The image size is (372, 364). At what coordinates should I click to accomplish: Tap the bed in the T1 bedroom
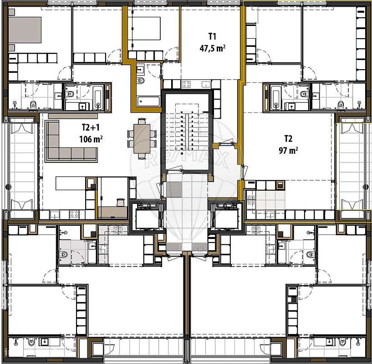pyautogui.click(x=147, y=28)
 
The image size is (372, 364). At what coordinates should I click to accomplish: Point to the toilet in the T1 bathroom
pyautogui.click(x=141, y=81)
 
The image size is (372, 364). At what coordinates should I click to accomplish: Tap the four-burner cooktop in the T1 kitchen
pyautogui.click(x=186, y=84)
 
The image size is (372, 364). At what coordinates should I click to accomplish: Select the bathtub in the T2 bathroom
pyautogui.click(x=276, y=96)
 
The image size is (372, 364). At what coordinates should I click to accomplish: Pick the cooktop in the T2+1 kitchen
pyautogui.click(x=73, y=213)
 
